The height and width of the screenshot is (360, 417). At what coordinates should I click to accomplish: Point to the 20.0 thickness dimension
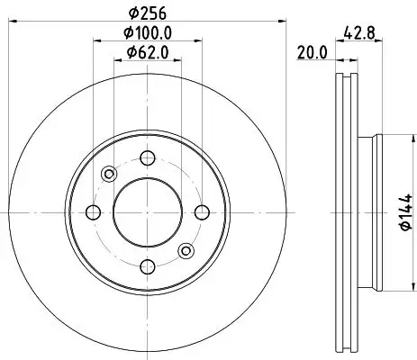[x=311, y=53]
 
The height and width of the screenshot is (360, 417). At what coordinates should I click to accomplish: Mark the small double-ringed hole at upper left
[x=109, y=174]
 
